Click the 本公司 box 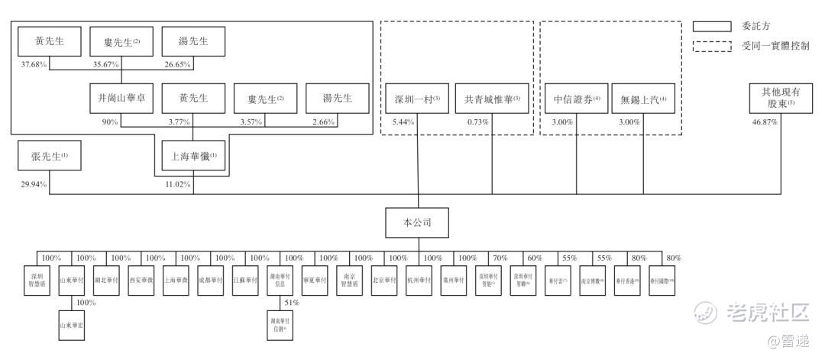click(417, 222)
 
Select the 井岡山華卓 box click(121, 99)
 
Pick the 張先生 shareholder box click(50, 157)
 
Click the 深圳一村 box click(417, 99)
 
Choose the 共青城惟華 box click(492, 99)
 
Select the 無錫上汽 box click(643, 99)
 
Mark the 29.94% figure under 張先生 click(34, 184)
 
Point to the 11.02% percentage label click(178, 184)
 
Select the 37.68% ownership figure click(34, 64)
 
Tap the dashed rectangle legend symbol click(713, 46)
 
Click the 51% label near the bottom click(290, 303)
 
